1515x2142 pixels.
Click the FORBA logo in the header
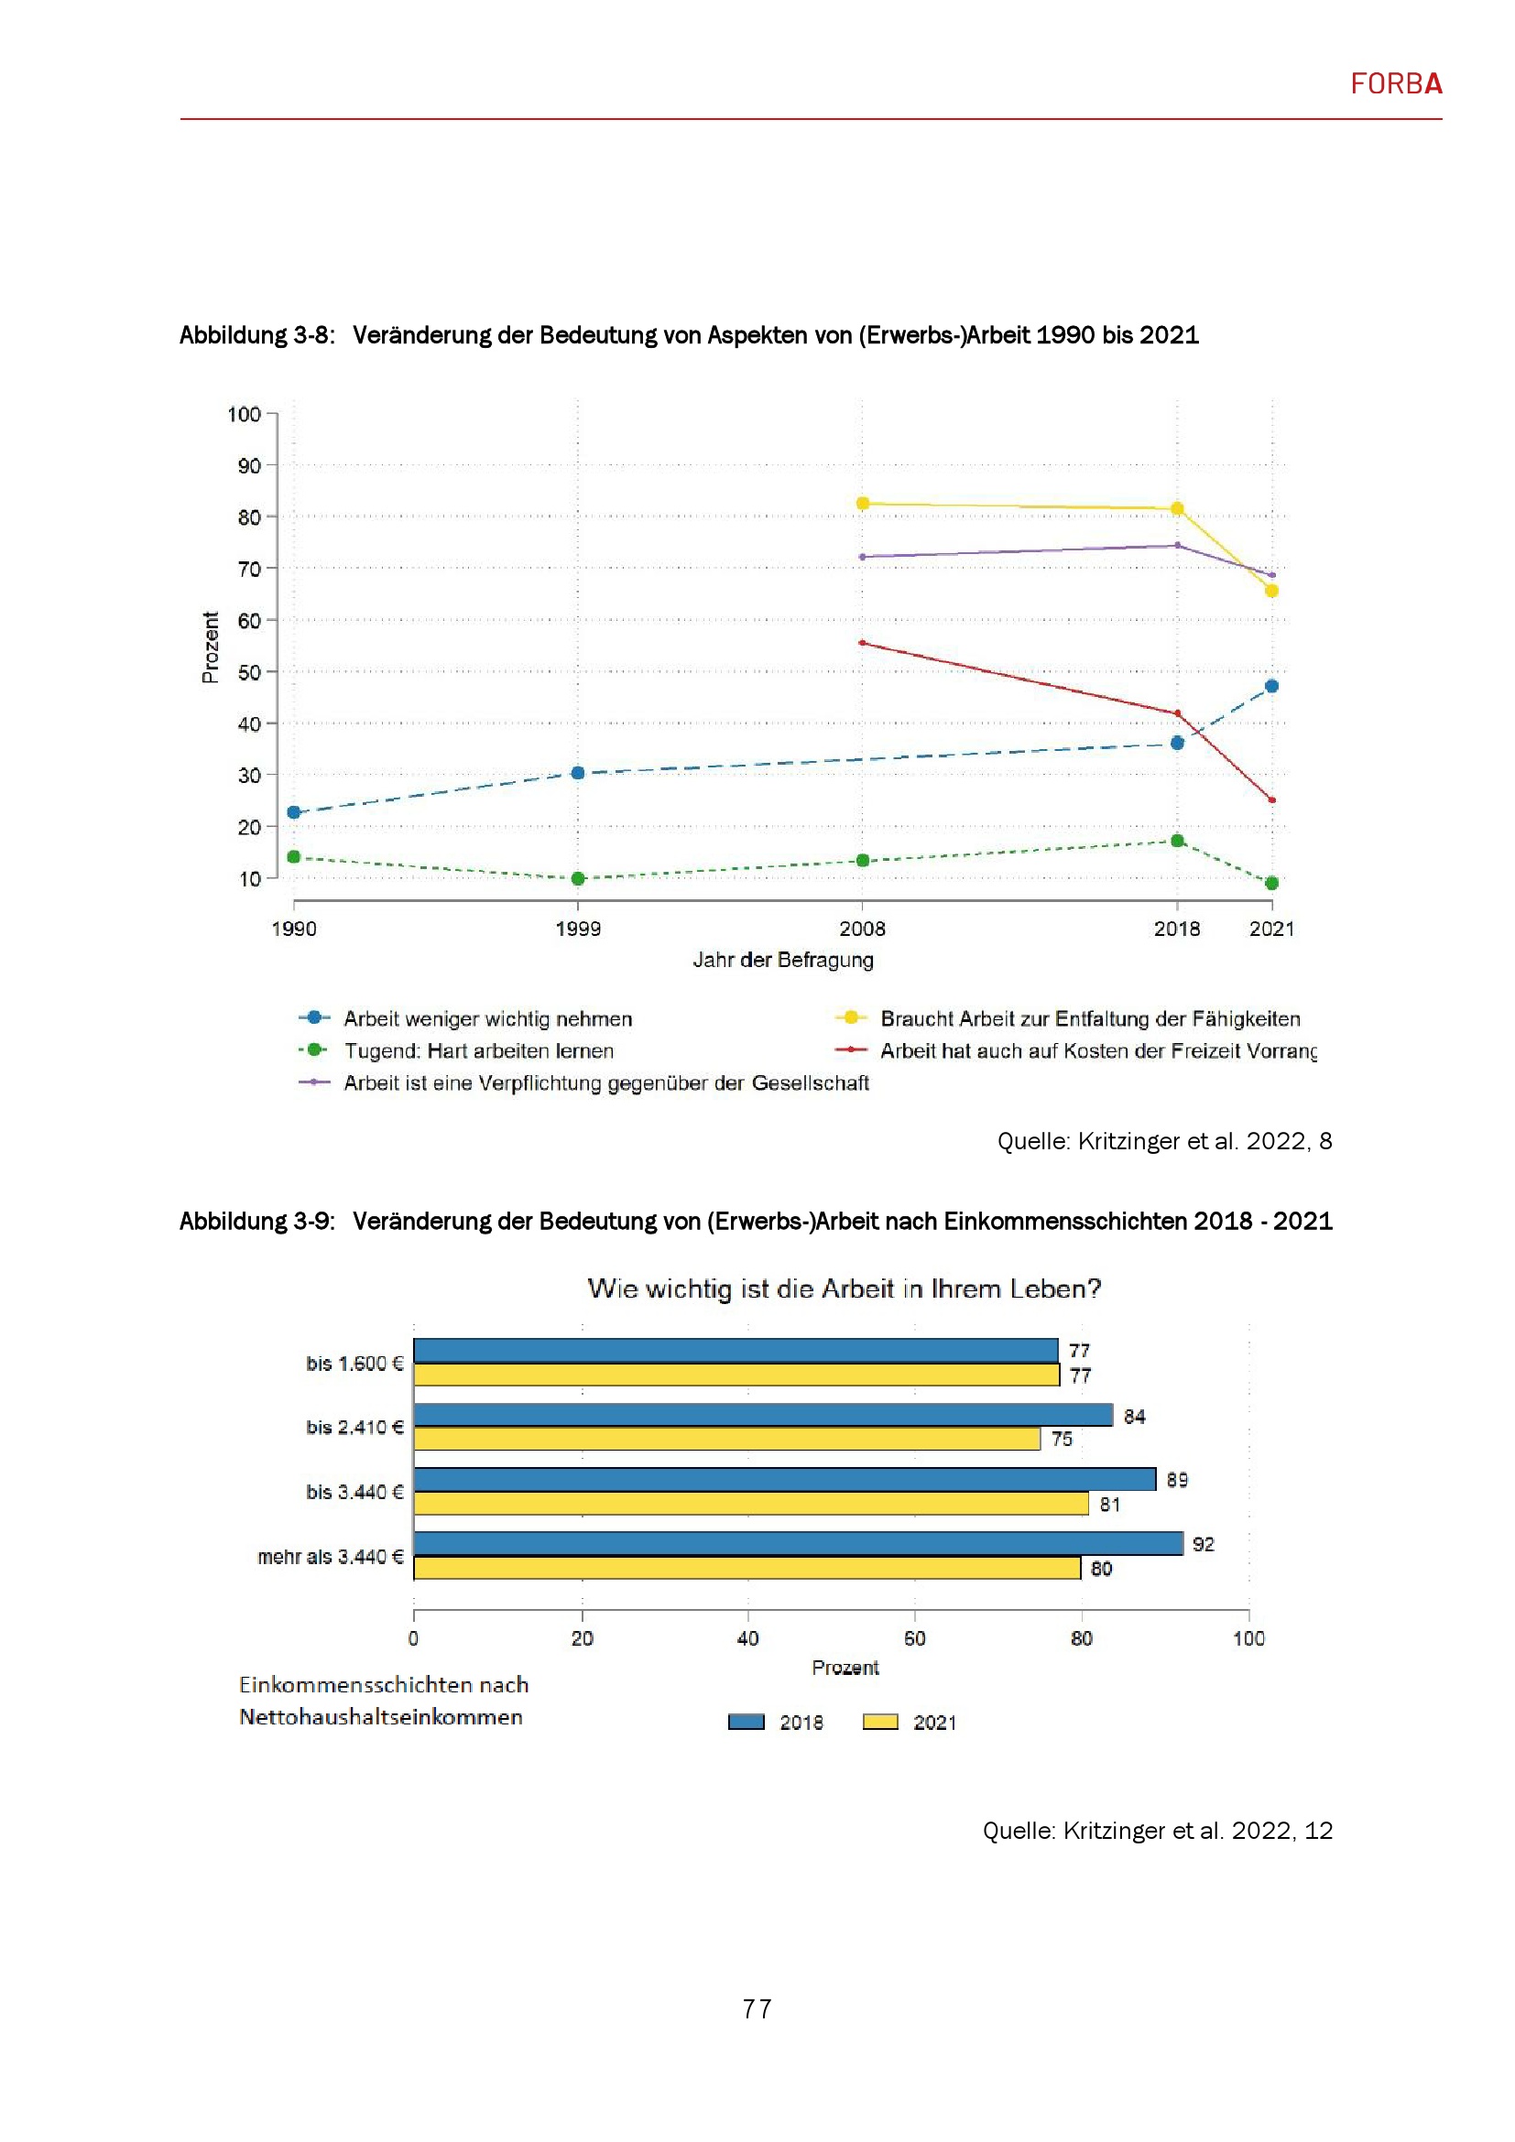click(x=1396, y=84)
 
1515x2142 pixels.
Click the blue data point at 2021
click(x=1271, y=686)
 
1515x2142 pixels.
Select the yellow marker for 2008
click(x=863, y=503)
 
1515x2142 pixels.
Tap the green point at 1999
click(x=577, y=878)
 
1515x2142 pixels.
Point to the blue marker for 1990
click(x=294, y=811)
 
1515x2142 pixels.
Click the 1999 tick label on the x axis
click(x=577, y=929)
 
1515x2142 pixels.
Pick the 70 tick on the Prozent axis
click(x=248, y=568)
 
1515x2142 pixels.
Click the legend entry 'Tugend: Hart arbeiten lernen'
click(x=478, y=1050)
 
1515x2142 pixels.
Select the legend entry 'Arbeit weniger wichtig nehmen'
click(x=487, y=1018)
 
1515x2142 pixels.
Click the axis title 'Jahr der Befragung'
click(x=782, y=959)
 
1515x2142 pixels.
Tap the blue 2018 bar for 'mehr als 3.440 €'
click(x=798, y=1543)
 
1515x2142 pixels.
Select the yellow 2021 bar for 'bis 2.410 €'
click(x=726, y=1439)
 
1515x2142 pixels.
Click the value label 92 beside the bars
click(x=1204, y=1544)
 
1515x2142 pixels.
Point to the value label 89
click(x=1176, y=1480)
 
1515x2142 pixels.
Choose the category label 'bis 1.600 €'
click(x=354, y=1363)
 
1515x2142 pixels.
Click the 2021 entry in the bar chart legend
click(x=933, y=1723)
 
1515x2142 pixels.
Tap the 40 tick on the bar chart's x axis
click(x=747, y=1638)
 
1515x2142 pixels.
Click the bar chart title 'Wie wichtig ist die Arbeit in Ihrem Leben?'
click(x=845, y=1288)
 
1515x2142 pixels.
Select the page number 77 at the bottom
click(x=757, y=2007)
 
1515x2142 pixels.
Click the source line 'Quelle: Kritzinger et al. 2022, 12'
click(x=1157, y=1831)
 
